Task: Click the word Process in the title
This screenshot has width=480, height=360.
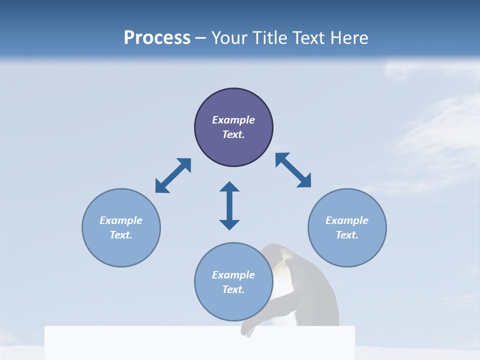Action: tap(157, 38)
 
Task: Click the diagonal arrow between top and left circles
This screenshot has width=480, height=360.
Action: tap(173, 175)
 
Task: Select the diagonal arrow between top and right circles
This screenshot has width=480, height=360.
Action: tap(293, 170)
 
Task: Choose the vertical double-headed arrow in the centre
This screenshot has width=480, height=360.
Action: tap(229, 205)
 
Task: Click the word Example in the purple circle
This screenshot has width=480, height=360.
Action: tap(233, 120)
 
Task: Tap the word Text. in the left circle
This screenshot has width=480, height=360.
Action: tap(121, 235)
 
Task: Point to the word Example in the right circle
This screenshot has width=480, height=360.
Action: tap(347, 220)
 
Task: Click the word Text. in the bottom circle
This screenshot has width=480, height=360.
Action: tap(233, 289)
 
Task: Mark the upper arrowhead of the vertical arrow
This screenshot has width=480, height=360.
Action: tap(229, 187)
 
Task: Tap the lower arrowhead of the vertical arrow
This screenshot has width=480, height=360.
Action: tap(229, 224)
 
